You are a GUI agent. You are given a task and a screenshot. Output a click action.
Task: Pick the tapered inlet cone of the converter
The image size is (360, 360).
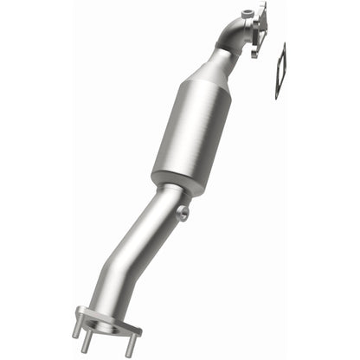pos(214,70)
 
